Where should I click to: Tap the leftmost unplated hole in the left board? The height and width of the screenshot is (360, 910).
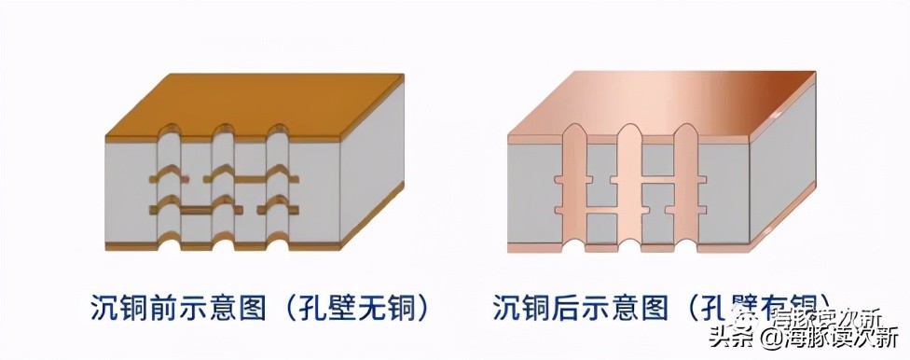coord(168,191)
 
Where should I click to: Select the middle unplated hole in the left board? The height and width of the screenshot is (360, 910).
coord(222,191)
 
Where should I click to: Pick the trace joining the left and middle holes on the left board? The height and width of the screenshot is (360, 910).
coord(195,213)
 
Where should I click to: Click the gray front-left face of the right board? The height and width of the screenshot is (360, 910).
coord(531,196)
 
